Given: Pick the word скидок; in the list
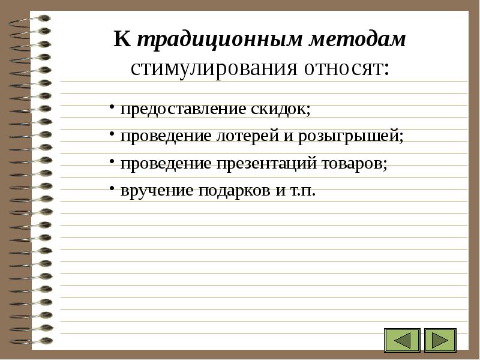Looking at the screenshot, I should point(281,109).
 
